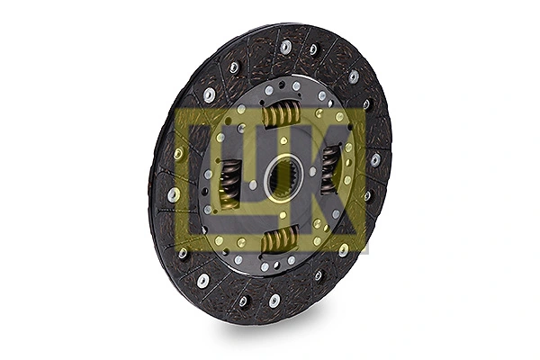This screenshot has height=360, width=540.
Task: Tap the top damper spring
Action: pos(280,114)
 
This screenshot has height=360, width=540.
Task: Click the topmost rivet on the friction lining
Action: pos(286,47)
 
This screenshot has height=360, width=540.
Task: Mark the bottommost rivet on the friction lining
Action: pos(274,301)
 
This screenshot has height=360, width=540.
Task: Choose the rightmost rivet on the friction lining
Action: pos(375,159)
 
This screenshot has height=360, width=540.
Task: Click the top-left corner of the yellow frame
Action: pos(177,110)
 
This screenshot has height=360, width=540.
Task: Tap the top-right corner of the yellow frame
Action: pos(367,110)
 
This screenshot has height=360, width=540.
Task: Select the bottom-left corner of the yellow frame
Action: pos(177,251)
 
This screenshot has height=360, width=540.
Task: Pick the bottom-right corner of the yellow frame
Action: pos(367,251)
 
